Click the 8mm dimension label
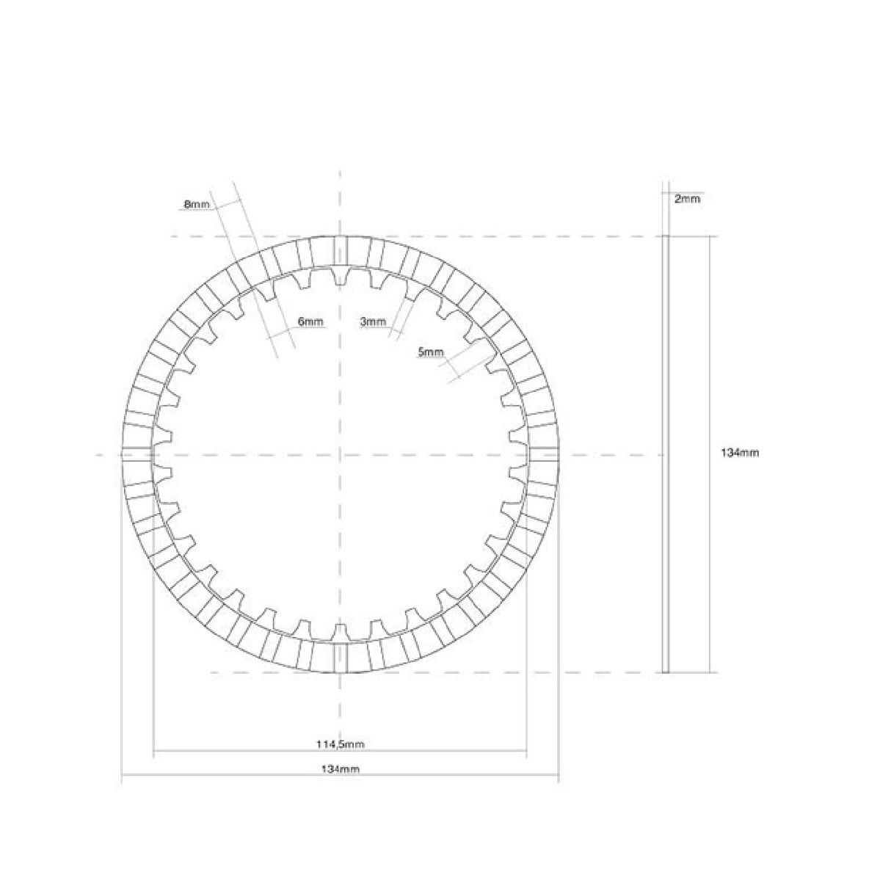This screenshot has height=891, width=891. [196, 205]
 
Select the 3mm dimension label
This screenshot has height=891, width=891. [373, 321]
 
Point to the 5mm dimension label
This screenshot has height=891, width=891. [430, 352]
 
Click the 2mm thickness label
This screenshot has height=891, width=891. [687, 198]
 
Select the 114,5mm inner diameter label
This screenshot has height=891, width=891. [340, 744]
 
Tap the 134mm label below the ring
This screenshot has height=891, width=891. [340, 769]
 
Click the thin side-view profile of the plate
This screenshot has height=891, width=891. [666, 454]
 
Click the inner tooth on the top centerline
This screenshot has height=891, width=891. [339, 277]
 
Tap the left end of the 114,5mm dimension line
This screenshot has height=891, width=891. [153, 751]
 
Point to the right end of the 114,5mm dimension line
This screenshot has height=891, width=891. [527, 751]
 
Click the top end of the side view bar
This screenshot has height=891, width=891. [666, 237]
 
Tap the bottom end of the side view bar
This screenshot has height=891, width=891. [666, 671]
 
